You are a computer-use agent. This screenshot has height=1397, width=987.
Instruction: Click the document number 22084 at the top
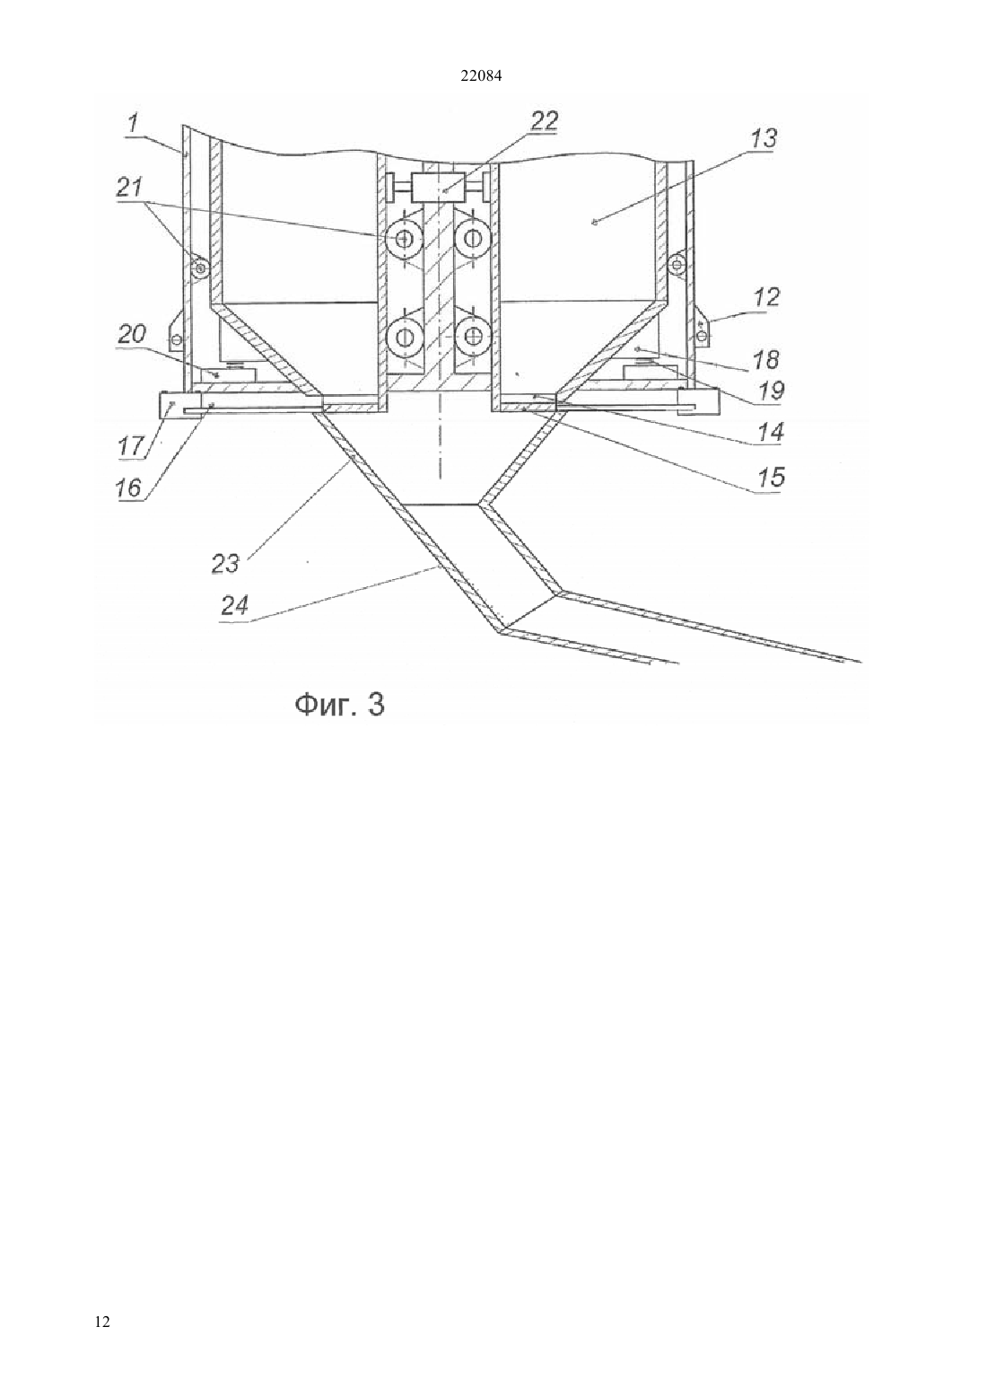(481, 76)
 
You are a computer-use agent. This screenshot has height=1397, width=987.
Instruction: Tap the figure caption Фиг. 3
(339, 705)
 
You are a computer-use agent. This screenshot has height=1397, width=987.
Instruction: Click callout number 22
(543, 120)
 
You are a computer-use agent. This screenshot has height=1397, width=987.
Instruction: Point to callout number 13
(764, 138)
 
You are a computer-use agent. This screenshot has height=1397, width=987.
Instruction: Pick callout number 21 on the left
(129, 189)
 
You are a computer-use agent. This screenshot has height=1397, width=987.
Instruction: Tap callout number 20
(131, 335)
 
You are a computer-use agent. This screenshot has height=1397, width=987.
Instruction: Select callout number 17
(131, 446)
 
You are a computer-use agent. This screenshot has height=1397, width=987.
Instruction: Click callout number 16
(129, 488)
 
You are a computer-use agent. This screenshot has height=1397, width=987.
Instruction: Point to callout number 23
(225, 564)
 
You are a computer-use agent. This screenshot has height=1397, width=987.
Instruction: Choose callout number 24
(234, 605)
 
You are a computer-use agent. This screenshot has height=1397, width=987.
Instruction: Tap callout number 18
(765, 360)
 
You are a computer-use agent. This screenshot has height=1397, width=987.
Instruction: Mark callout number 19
(771, 391)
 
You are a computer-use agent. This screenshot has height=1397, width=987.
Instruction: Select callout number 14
(771, 432)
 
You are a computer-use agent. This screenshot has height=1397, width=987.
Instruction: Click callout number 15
(771, 477)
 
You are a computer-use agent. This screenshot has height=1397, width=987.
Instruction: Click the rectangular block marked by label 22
(443, 187)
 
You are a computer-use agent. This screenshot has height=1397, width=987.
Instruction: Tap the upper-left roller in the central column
(405, 238)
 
